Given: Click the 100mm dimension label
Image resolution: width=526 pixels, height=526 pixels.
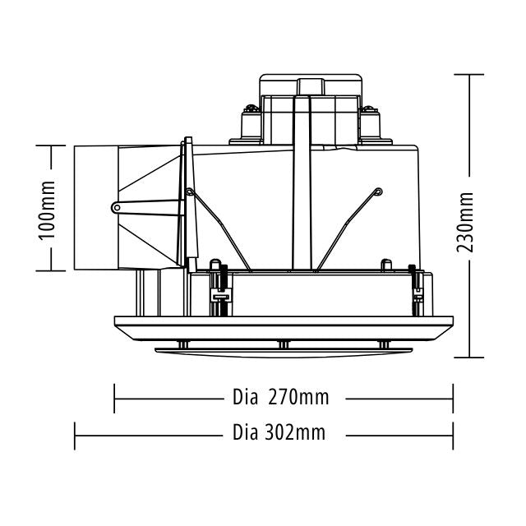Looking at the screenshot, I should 47,209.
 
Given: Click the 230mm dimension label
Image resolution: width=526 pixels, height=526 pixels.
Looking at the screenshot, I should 467,218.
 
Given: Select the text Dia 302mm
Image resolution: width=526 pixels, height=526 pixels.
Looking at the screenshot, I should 279,432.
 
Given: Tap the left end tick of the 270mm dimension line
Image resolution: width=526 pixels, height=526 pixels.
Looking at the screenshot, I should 114,399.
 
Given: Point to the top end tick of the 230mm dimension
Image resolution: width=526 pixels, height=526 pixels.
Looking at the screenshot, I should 468,75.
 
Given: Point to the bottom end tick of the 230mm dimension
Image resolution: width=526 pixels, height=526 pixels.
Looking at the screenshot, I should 468,358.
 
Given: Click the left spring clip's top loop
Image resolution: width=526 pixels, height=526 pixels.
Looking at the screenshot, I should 190,193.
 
